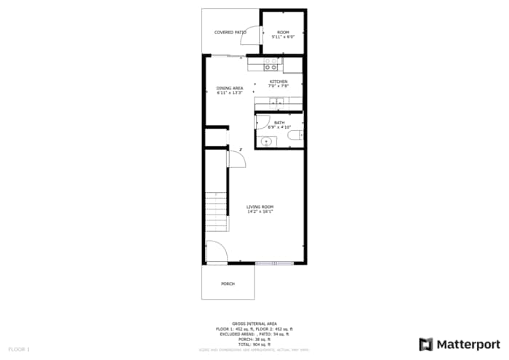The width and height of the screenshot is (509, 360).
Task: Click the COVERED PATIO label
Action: coord(230,32)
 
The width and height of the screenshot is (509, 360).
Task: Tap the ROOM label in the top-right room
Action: coord(283,32)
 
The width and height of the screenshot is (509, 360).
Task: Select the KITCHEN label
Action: coord(278,81)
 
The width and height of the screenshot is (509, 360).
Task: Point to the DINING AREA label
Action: coord(229,88)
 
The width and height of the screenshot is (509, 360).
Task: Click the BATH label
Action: coord(279,123)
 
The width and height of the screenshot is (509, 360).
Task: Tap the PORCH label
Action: coord(228,284)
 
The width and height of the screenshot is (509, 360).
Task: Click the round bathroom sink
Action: coord(265,141)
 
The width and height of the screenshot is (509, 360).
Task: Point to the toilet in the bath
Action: coord(294,135)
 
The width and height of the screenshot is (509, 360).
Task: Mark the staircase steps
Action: coord(215,212)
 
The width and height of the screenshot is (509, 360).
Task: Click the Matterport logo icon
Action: coord(426,344)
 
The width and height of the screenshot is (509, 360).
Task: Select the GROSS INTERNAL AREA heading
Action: coord(254,324)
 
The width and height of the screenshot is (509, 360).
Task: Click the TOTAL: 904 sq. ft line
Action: coord(254,344)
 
